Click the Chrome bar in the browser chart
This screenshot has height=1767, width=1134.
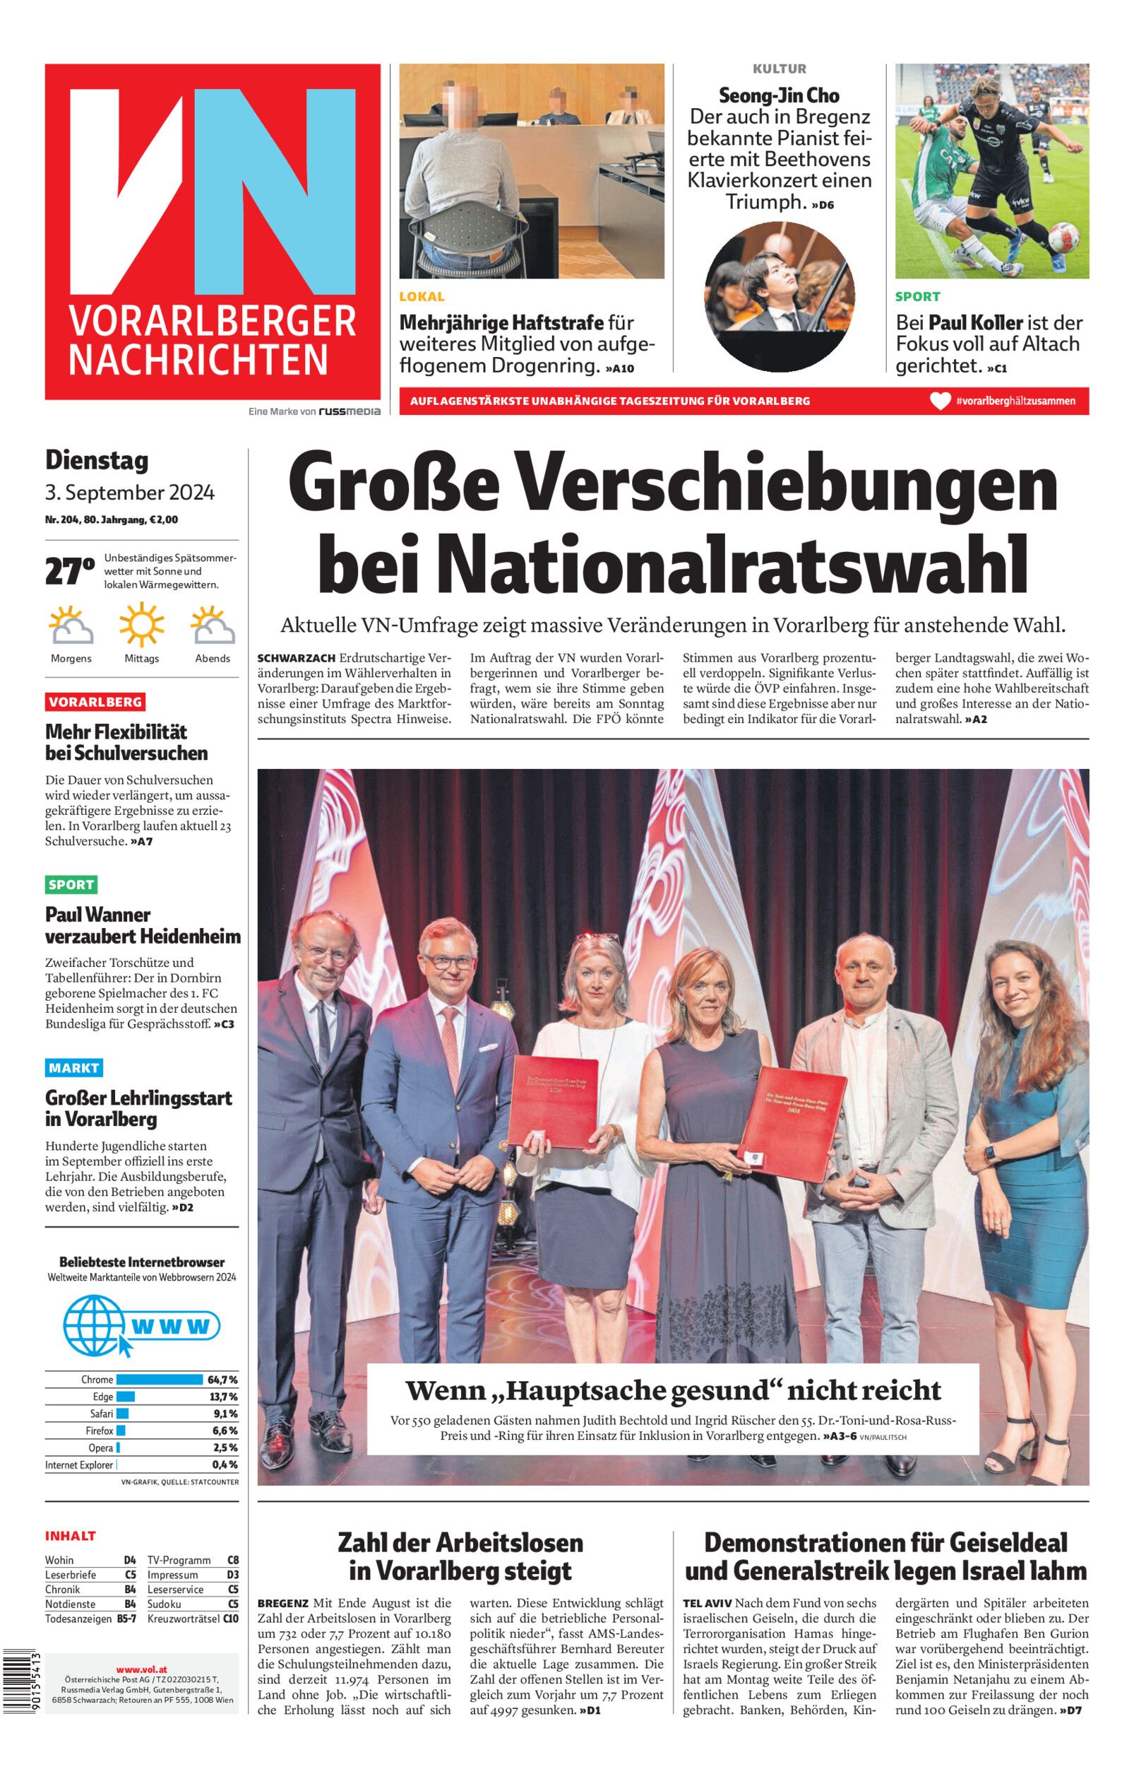click(159, 1380)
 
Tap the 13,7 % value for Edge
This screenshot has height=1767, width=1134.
click(223, 1397)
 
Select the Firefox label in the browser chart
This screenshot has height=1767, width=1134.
click(100, 1431)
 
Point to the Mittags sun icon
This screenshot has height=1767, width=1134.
click(141, 626)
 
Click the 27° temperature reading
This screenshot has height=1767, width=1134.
click(69, 571)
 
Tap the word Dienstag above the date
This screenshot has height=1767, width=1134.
click(97, 461)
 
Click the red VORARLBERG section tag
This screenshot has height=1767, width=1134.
click(95, 701)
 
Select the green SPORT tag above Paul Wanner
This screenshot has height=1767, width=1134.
click(71, 884)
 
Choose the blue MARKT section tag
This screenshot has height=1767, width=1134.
click(73, 1068)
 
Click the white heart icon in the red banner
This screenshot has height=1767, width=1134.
click(940, 401)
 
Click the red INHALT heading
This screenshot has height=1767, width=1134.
click(71, 1536)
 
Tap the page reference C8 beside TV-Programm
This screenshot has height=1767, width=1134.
click(233, 1559)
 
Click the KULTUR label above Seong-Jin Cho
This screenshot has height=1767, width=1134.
click(779, 69)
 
